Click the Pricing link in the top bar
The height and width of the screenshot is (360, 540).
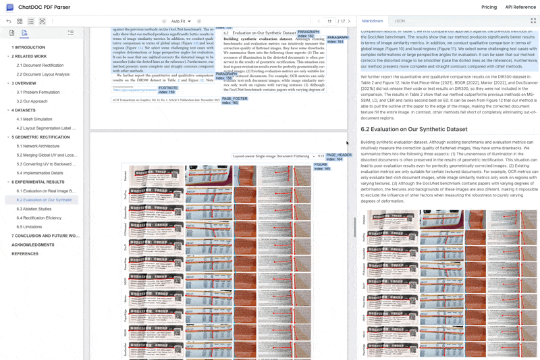coord(489,7)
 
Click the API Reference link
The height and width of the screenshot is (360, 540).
coord(520,7)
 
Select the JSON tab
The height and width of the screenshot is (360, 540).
coord(400,21)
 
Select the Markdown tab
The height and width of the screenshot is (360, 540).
coord(372,21)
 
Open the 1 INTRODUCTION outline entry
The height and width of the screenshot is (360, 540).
coord(28,47)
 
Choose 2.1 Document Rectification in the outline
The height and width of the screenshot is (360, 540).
coord(40,66)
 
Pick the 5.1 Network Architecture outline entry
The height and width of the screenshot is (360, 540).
coord(38,146)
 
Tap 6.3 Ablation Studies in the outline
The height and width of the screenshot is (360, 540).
coord(34,209)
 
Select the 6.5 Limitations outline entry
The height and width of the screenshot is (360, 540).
coord(29,227)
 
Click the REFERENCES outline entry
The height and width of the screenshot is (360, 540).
coord(25,254)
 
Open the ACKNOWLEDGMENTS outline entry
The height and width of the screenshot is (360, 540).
coord(32,245)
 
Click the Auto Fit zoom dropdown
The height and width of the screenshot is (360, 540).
coord(181,22)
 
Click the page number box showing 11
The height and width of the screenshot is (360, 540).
coord(329,22)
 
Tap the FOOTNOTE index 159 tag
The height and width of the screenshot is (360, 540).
coord(168,90)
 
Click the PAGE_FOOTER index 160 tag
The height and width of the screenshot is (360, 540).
coord(234,101)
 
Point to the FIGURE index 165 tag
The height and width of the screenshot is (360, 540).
coord(322,166)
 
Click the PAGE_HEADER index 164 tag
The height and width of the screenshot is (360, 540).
coord(339,157)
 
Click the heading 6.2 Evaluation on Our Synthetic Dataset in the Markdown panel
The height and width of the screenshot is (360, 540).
coord(414,129)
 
